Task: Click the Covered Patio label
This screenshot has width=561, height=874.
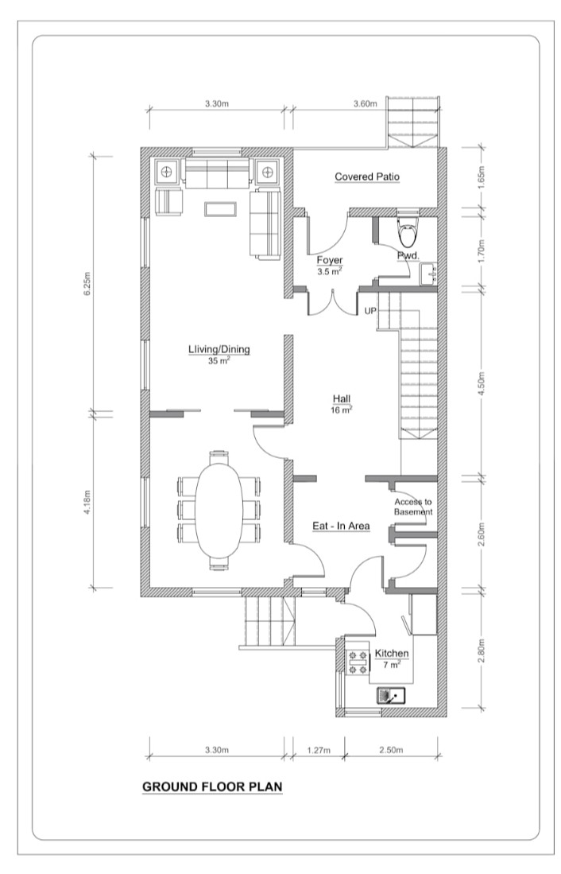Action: [367, 177]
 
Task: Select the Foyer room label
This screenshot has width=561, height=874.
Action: [330, 260]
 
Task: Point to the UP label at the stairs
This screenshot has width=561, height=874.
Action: [370, 311]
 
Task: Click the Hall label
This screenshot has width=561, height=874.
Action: [342, 398]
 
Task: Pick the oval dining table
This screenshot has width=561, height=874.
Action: [219, 510]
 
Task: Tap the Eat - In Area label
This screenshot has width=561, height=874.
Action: [341, 526]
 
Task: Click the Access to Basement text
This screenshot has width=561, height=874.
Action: [413, 507]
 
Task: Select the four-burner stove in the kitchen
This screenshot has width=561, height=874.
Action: [358, 662]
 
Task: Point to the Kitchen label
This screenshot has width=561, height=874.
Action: [392, 653]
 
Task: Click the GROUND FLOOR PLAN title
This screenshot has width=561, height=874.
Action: [212, 787]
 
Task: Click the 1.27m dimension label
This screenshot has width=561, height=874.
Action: [319, 750]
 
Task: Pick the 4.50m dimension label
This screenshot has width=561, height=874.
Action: [482, 383]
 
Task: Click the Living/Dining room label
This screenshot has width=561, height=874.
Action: [219, 349]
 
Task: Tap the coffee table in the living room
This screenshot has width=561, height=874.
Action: [221, 209]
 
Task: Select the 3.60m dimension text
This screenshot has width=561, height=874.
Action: [366, 103]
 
